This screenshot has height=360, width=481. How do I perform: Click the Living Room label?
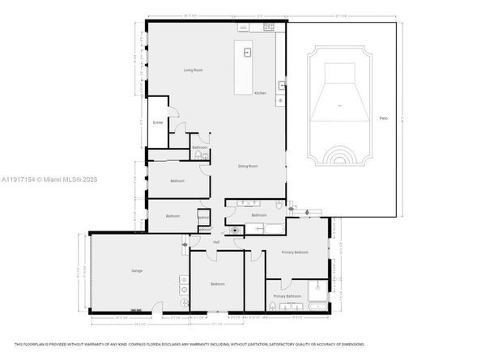pos(192,70)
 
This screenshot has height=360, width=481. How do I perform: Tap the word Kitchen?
pos(260,93)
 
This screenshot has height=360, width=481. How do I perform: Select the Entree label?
pos(157,123)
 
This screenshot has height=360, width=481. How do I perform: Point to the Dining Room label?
pos(248,166)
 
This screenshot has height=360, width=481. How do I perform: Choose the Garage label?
pos(137,270)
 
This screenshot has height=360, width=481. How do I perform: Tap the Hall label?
pos(216,242)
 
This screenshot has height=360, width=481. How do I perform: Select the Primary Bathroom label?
pos(287,297)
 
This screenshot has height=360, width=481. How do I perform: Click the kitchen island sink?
pos(248,53)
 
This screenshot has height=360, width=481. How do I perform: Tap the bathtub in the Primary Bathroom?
pos(317,306)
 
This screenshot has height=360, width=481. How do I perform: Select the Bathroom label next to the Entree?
pos(199,147)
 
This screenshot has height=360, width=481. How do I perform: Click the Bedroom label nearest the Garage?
pos(217,284)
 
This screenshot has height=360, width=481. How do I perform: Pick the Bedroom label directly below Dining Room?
pos(177,180)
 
